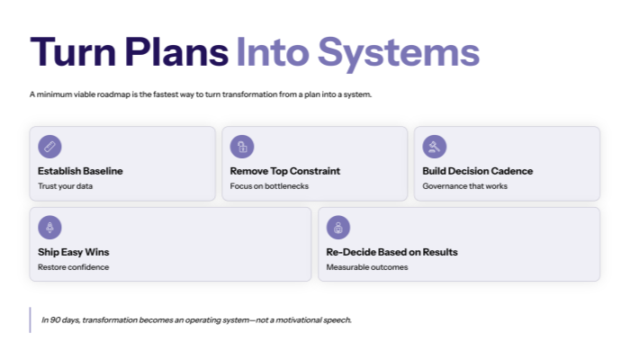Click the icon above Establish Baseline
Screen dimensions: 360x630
click(49, 146)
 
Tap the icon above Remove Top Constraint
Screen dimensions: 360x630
click(241, 146)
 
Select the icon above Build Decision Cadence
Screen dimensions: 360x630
click(434, 146)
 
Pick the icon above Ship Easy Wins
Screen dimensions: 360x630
click(49, 227)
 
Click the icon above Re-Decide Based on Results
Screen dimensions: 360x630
click(337, 227)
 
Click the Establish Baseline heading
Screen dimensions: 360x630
click(80, 171)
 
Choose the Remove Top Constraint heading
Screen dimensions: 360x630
click(284, 171)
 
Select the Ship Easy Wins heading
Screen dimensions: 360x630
click(73, 252)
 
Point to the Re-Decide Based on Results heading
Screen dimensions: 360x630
click(391, 252)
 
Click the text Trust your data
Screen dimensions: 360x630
click(65, 186)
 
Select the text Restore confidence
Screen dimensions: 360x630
click(73, 267)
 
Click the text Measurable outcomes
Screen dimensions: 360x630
click(366, 267)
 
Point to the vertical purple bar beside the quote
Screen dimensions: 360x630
click(31, 320)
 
